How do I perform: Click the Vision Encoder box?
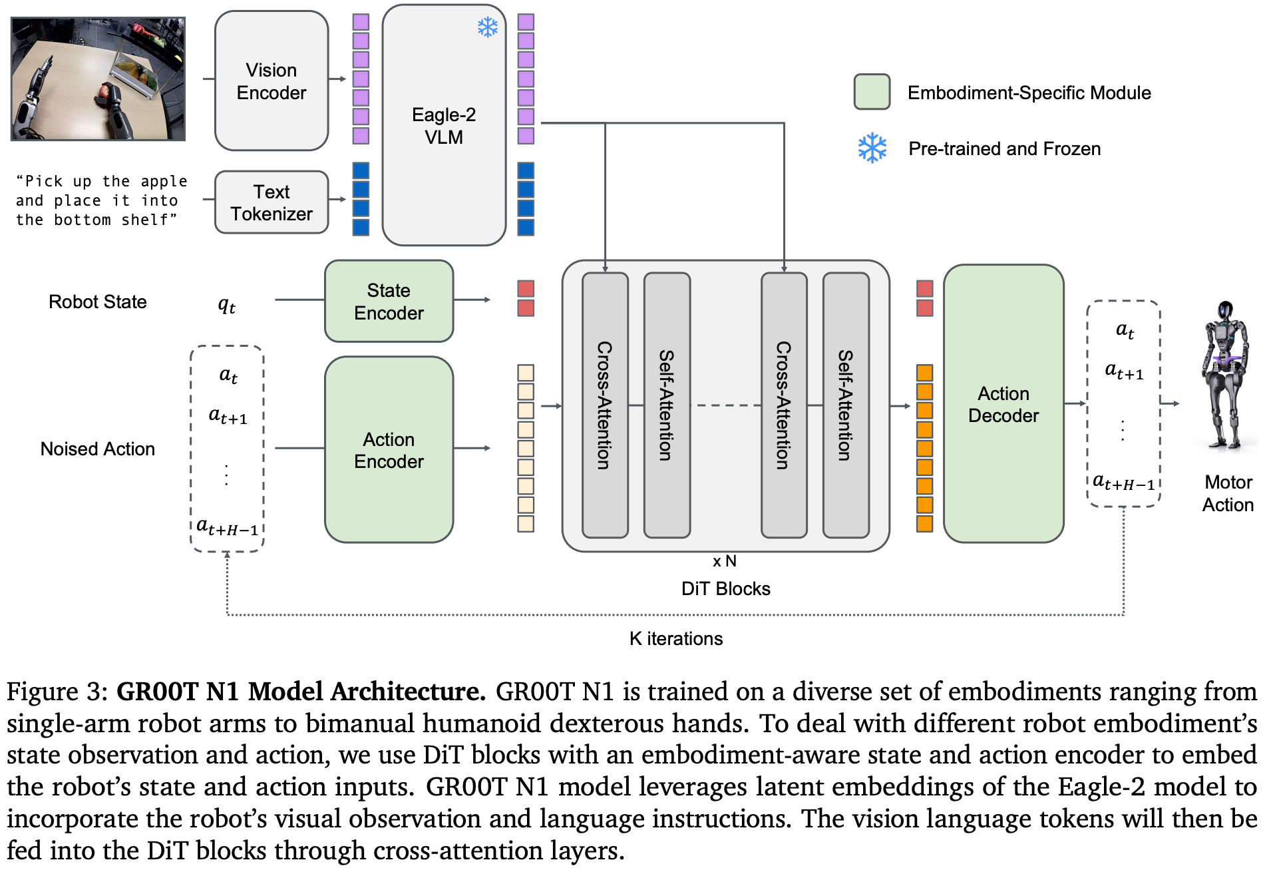271,81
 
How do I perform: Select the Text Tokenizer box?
271,202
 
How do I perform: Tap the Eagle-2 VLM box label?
444,126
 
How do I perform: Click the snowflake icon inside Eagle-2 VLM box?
488,27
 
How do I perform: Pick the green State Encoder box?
389,302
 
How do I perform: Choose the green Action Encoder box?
389,450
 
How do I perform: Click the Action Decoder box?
1003,404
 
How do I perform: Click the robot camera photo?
98,79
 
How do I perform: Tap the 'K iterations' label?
675,639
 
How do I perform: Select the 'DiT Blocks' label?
725,589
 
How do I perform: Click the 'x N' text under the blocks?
724,561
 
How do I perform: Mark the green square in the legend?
872,92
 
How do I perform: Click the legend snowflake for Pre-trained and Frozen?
872,148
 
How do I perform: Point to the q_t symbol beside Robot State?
227,305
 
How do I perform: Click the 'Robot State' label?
98,302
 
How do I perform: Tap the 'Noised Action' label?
98,449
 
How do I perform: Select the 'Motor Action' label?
1228,493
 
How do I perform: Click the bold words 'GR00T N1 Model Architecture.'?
301,692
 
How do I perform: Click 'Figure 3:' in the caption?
57,692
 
